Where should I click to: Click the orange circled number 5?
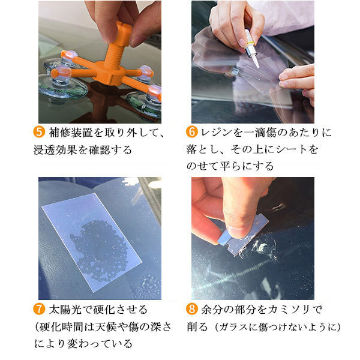39,132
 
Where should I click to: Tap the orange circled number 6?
192,132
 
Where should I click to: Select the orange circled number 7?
39,309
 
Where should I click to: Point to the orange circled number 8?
192,309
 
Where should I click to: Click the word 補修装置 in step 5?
70,133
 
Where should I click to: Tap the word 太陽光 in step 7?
65,310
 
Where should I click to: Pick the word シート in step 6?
291,149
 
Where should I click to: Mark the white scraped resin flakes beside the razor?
262,248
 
